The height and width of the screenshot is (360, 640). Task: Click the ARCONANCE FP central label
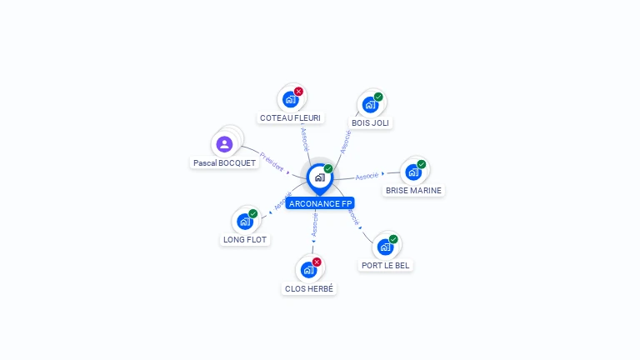pos(320,203)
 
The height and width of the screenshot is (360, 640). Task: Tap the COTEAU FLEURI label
pos(290,118)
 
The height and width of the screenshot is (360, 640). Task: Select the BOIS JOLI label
pos(371,122)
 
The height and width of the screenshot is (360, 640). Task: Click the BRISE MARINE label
pos(413,190)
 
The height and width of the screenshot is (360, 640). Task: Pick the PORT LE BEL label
pos(386,265)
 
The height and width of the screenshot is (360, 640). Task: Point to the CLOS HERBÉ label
pos(308,288)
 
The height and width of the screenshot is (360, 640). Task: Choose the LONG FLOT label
pos(245,240)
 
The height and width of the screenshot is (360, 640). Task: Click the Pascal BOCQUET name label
pos(224,163)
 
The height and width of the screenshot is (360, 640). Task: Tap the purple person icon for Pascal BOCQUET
pos(224,144)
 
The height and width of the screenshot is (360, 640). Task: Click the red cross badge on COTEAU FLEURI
pos(299,92)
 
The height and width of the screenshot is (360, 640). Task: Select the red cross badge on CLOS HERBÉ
pos(317,262)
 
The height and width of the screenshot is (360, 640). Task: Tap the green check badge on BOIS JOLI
pos(378,97)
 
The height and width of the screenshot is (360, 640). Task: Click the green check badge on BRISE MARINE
pos(422,164)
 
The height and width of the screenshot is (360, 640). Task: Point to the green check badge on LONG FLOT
pos(253,213)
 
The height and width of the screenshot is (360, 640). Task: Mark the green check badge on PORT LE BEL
pos(393,239)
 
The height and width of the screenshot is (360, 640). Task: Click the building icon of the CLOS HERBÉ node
pos(308,270)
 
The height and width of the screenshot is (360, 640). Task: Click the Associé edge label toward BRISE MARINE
pos(367,176)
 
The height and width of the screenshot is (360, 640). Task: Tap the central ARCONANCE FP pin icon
pos(319,177)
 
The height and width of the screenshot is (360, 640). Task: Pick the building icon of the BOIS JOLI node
pos(370,105)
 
